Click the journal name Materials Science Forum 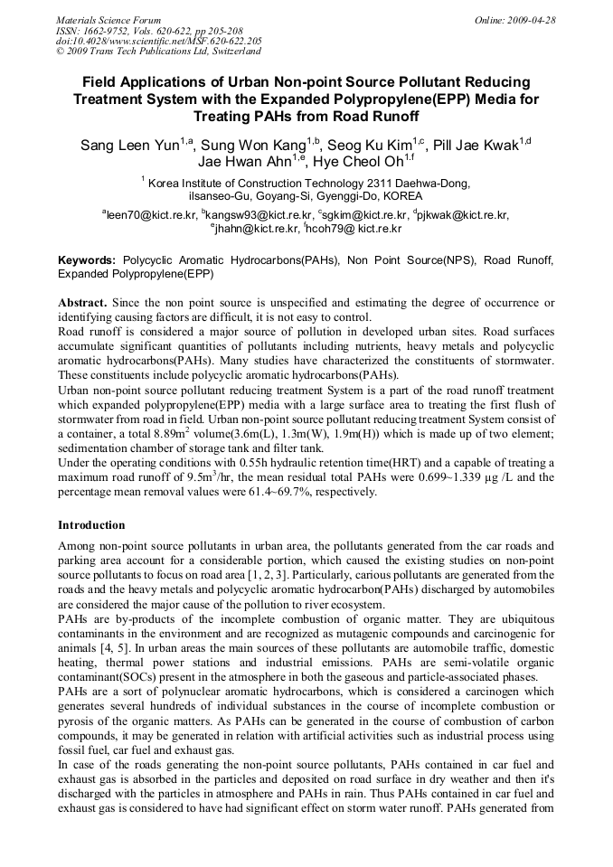(108, 19)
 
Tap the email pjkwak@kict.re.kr (464, 215)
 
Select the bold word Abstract (82, 302)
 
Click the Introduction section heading (91, 525)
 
